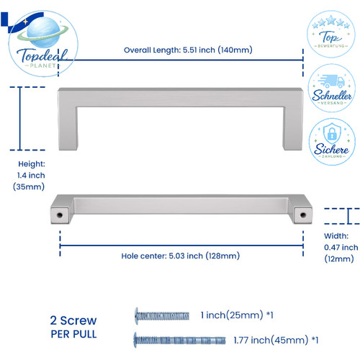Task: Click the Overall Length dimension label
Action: [x=188, y=50]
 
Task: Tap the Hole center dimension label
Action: [x=181, y=256]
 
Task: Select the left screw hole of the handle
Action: [x=59, y=215]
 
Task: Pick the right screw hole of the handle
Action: [x=303, y=215]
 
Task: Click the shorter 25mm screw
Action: [x=162, y=316]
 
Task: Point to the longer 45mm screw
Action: [x=180, y=340]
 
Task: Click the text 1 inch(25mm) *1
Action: [x=237, y=315]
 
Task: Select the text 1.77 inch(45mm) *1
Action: [x=276, y=340]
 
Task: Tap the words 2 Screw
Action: [x=73, y=320]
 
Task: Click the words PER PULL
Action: [x=73, y=334]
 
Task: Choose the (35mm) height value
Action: [x=29, y=186]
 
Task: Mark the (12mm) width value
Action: [x=339, y=258]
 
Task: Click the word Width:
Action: [x=336, y=236]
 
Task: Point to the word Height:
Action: [x=32, y=164]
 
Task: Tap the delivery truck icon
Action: [x=331, y=81]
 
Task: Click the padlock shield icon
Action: [x=332, y=133]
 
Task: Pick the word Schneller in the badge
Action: [x=332, y=96]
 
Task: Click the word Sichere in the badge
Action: [x=331, y=149]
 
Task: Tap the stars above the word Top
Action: [x=331, y=22]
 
